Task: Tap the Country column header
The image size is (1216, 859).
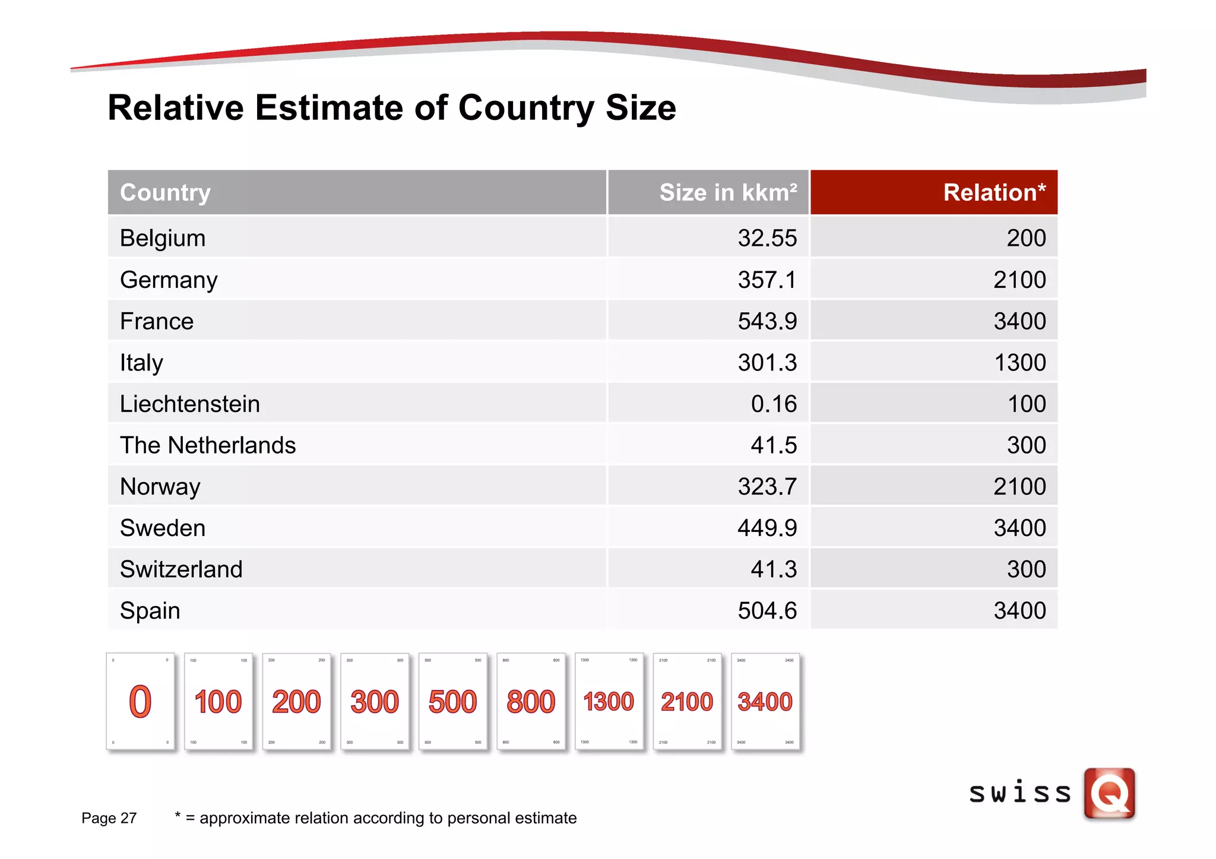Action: [165, 192]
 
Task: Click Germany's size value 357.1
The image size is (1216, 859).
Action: [767, 280]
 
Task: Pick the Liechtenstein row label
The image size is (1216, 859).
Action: [190, 404]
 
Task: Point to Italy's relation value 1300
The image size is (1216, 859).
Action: [1019, 363]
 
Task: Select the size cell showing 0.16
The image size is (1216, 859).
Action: [773, 404]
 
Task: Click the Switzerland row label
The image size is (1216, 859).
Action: [181, 569]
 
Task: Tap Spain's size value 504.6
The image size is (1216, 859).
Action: [767, 610]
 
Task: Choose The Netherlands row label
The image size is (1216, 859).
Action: [208, 445]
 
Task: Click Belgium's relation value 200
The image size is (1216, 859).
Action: [1026, 238]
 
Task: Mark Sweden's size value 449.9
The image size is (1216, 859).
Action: [767, 528]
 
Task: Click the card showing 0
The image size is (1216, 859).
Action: [141, 702]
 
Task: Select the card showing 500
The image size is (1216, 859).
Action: [452, 702]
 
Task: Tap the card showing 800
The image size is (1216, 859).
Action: [531, 702]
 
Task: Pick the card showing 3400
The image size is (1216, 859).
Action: [765, 702]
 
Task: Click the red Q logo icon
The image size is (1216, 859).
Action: [1109, 793]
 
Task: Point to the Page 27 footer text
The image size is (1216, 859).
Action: [109, 818]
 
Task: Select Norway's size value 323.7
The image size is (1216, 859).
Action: [767, 486]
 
